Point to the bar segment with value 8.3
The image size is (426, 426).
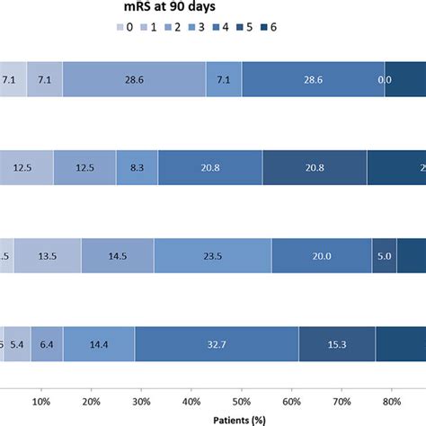pos(137,167)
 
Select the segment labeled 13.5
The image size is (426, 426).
pos(48,255)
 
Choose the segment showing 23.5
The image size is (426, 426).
pos(212,255)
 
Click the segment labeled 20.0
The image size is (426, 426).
pos(321,255)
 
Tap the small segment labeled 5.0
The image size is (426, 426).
pos(384,255)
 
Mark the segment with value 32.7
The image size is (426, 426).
pos(216,343)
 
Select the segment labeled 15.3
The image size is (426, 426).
pos(336,343)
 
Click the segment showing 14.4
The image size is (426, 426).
pos(99,343)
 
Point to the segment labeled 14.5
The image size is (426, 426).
pos(117,255)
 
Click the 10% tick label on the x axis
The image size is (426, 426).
pos(41,400)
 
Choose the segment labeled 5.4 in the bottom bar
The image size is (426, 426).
pos(18,343)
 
